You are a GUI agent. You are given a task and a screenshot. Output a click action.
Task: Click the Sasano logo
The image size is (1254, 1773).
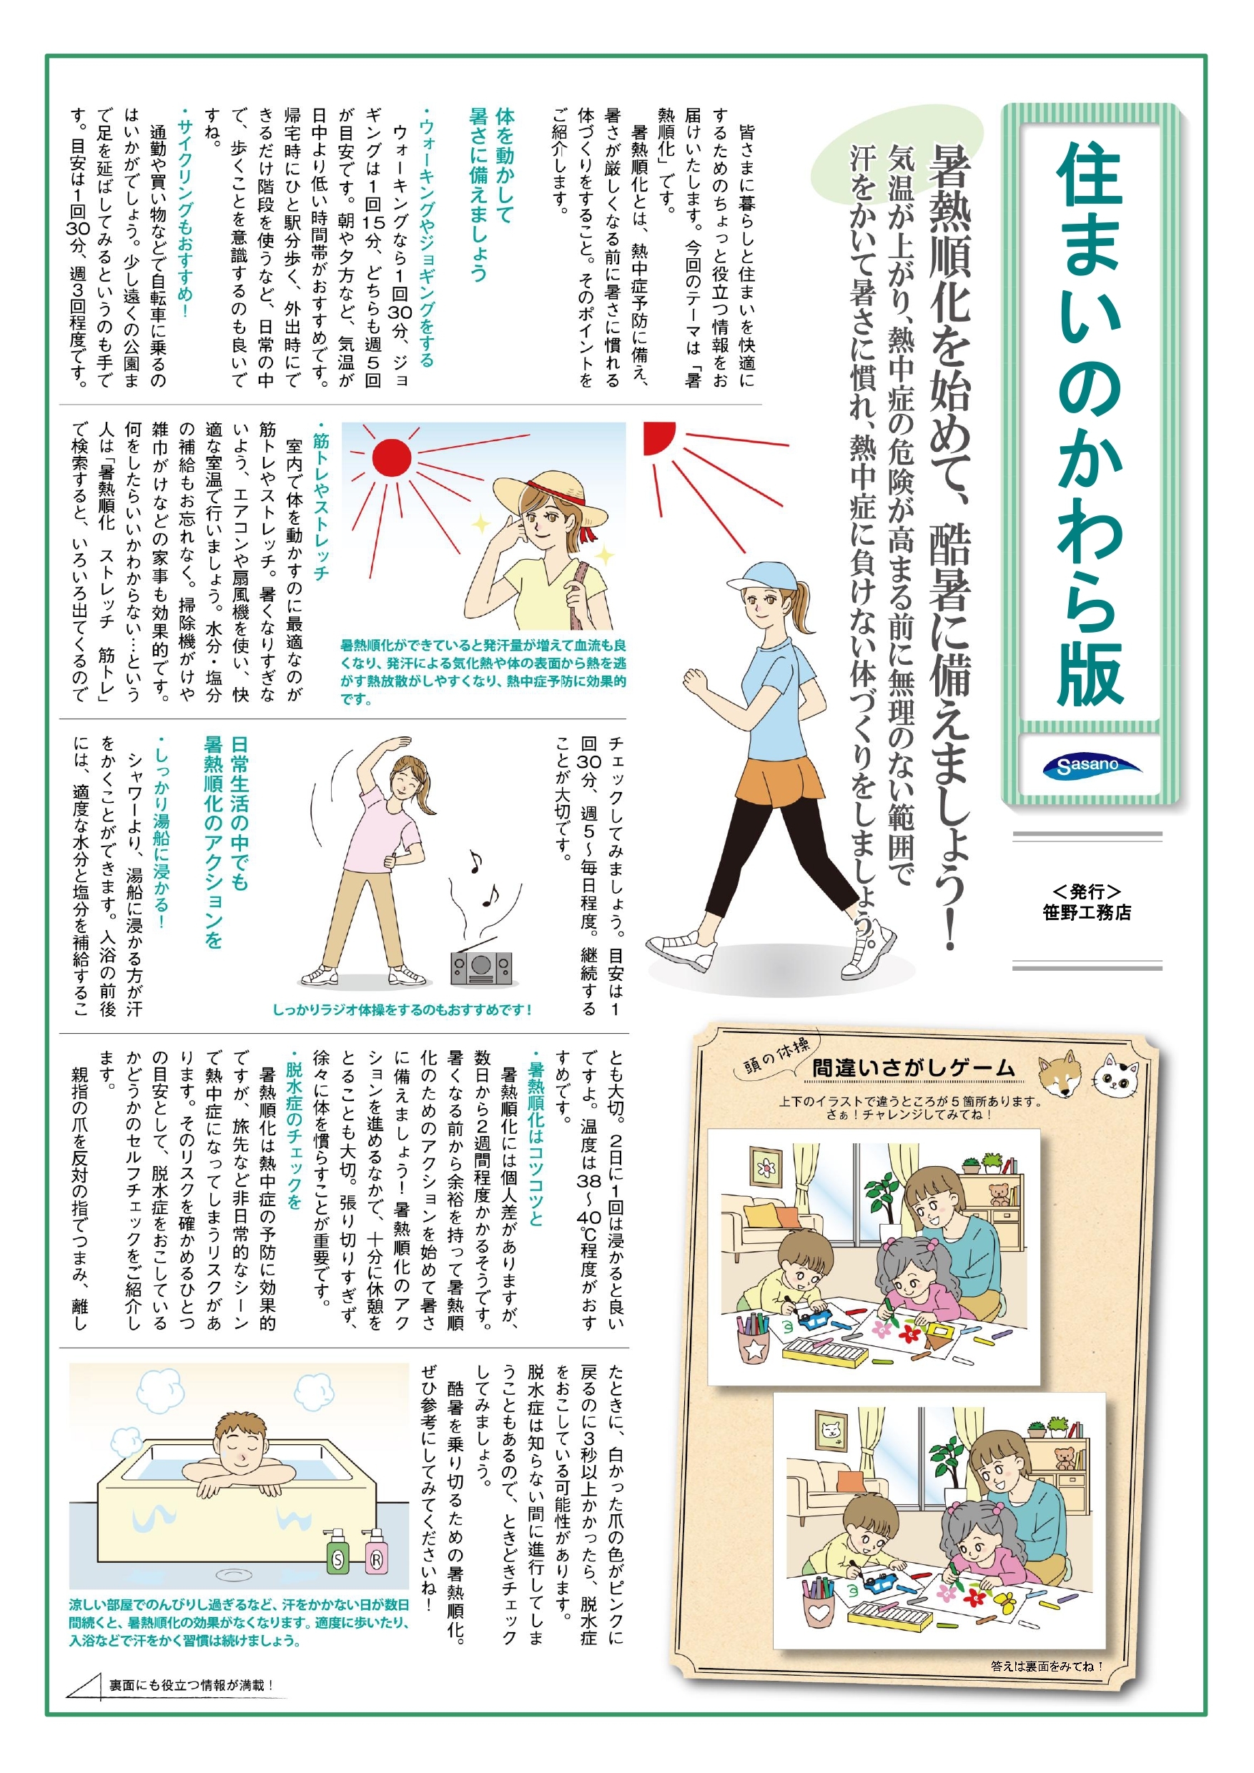click(1091, 765)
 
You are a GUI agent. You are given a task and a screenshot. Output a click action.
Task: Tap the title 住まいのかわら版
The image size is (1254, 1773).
click(1090, 425)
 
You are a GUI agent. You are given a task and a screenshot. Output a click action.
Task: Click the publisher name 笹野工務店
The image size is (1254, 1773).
click(1087, 912)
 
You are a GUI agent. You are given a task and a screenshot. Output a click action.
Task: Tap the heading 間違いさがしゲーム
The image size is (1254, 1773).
click(914, 1069)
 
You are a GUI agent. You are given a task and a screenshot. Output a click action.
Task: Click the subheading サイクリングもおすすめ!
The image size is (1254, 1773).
click(184, 216)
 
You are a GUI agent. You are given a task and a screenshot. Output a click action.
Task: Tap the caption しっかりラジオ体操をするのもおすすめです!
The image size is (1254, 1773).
click(403, 1009)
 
